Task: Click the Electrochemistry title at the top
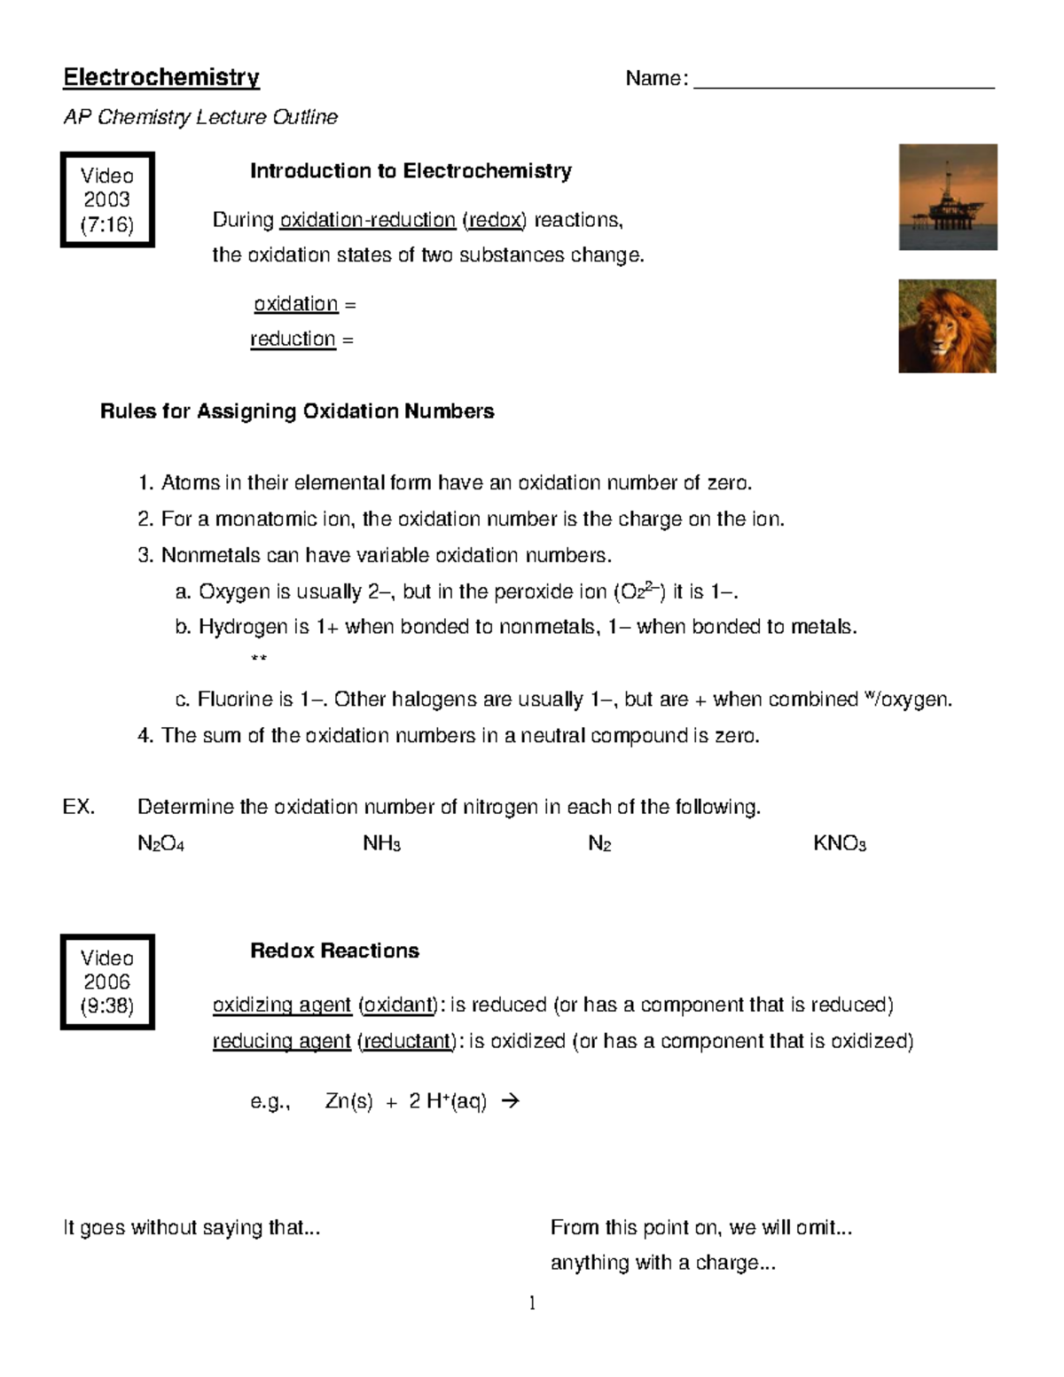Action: [160, 78]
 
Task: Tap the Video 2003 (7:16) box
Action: [107, 200]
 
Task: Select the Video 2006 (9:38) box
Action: [107, 982]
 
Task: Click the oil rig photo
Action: [947, 197]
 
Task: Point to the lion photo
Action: [947, 326]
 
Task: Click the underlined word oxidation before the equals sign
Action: [296, 304]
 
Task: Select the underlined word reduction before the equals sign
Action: [293, 340]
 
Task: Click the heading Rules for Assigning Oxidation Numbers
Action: [297, 411]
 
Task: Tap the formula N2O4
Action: [160, 843]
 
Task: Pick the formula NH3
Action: [382, 843]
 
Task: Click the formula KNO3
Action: [839, 843]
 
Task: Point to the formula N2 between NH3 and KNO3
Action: [599, 843]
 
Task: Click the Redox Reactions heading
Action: [334, 951]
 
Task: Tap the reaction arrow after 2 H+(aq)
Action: [510, 1101]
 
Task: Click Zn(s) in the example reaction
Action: [348, 1102]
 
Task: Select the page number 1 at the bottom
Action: [532, 1303]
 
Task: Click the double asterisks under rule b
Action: [259, 659]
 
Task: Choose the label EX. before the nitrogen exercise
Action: [79, 807]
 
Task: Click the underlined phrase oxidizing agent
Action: [282, 1005]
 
